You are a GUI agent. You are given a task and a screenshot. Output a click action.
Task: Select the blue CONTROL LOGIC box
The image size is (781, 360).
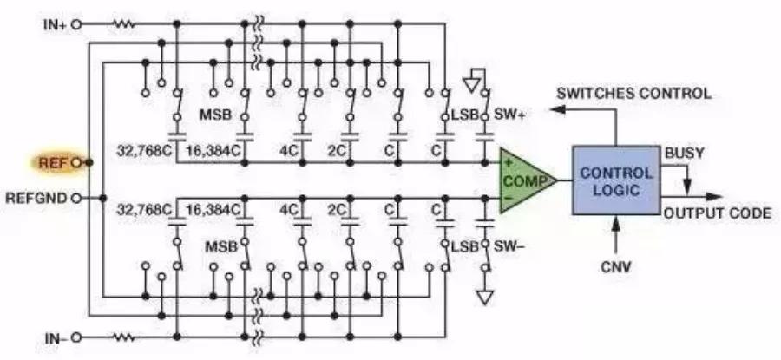click(616, 180)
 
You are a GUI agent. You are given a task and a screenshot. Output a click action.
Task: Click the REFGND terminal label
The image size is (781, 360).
click(36, 198)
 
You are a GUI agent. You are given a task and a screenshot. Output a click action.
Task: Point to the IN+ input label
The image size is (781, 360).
click(55, 24)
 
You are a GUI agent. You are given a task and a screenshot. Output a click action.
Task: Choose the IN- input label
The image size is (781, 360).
click(56, 338)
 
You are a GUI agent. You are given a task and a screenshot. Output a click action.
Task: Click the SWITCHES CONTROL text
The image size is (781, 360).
click(633, 93)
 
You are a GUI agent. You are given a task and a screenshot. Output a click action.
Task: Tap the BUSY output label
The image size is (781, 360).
click(685, 153)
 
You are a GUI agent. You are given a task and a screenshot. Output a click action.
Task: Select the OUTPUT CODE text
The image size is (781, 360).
click(717, 213)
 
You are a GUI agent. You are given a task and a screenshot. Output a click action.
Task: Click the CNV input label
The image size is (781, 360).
click(616, 267)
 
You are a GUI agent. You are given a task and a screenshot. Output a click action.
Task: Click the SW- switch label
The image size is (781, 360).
click(509, 245)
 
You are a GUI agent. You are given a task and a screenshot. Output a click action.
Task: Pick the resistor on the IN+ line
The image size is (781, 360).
click(123, 24)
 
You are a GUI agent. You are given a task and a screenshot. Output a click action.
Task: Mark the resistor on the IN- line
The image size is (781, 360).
click(123, 337)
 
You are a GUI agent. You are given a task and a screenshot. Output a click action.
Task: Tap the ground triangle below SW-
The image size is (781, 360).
click(484, 298)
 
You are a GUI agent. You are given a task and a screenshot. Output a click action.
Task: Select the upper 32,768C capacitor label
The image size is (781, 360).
click(144, 150)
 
